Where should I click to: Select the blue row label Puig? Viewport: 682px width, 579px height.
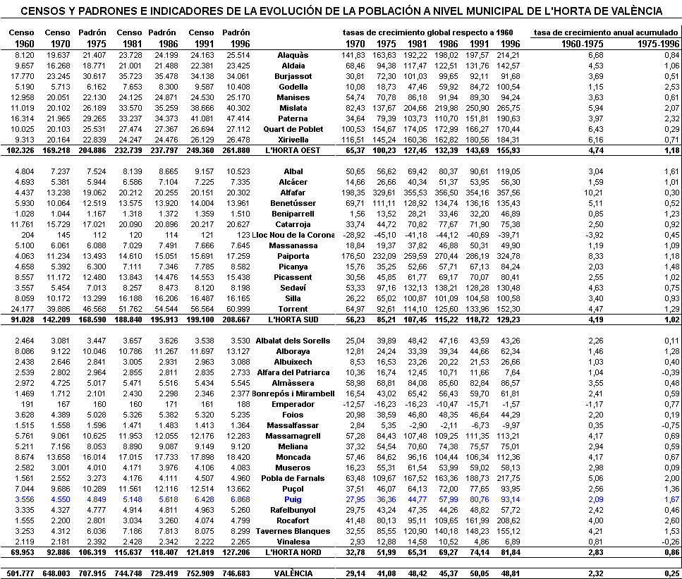(293, 499)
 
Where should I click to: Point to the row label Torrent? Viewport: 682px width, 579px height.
(293, 309)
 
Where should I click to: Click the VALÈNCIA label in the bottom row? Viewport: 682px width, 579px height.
(293, 573)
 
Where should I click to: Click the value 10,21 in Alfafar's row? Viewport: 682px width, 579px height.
(595, 193)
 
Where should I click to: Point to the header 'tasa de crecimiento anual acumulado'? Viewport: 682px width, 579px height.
(605, 33)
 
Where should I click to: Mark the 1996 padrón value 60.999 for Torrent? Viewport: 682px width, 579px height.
(236, 309)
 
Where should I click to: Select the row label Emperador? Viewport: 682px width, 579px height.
(293, 404)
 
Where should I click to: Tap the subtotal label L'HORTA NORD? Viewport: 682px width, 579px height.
(293, 552)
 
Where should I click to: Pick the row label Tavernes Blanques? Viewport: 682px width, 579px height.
(293, 531)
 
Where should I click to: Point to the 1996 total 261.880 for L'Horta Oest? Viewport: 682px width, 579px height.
(236, 150)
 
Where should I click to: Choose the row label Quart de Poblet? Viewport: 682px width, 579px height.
(293, 129)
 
